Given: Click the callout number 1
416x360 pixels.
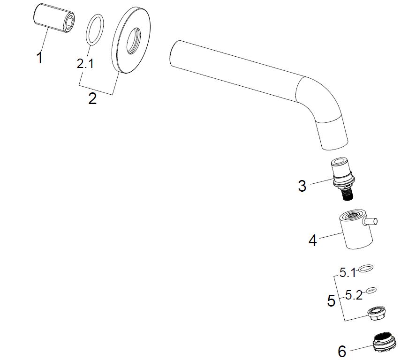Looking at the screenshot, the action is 40,58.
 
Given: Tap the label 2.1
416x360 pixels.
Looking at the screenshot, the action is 85,64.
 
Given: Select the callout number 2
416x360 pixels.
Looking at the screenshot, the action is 92,98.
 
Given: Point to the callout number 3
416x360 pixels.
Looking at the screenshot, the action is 302,186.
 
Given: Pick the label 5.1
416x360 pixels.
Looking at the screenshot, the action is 348,272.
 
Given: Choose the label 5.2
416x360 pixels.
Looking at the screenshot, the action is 354,295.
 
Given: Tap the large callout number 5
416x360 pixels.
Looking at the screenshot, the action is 332,301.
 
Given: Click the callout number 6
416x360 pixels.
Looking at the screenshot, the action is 342,352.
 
